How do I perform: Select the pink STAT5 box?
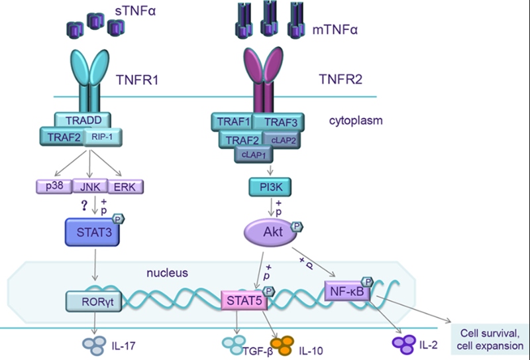243,302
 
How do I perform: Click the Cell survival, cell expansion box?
488,338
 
